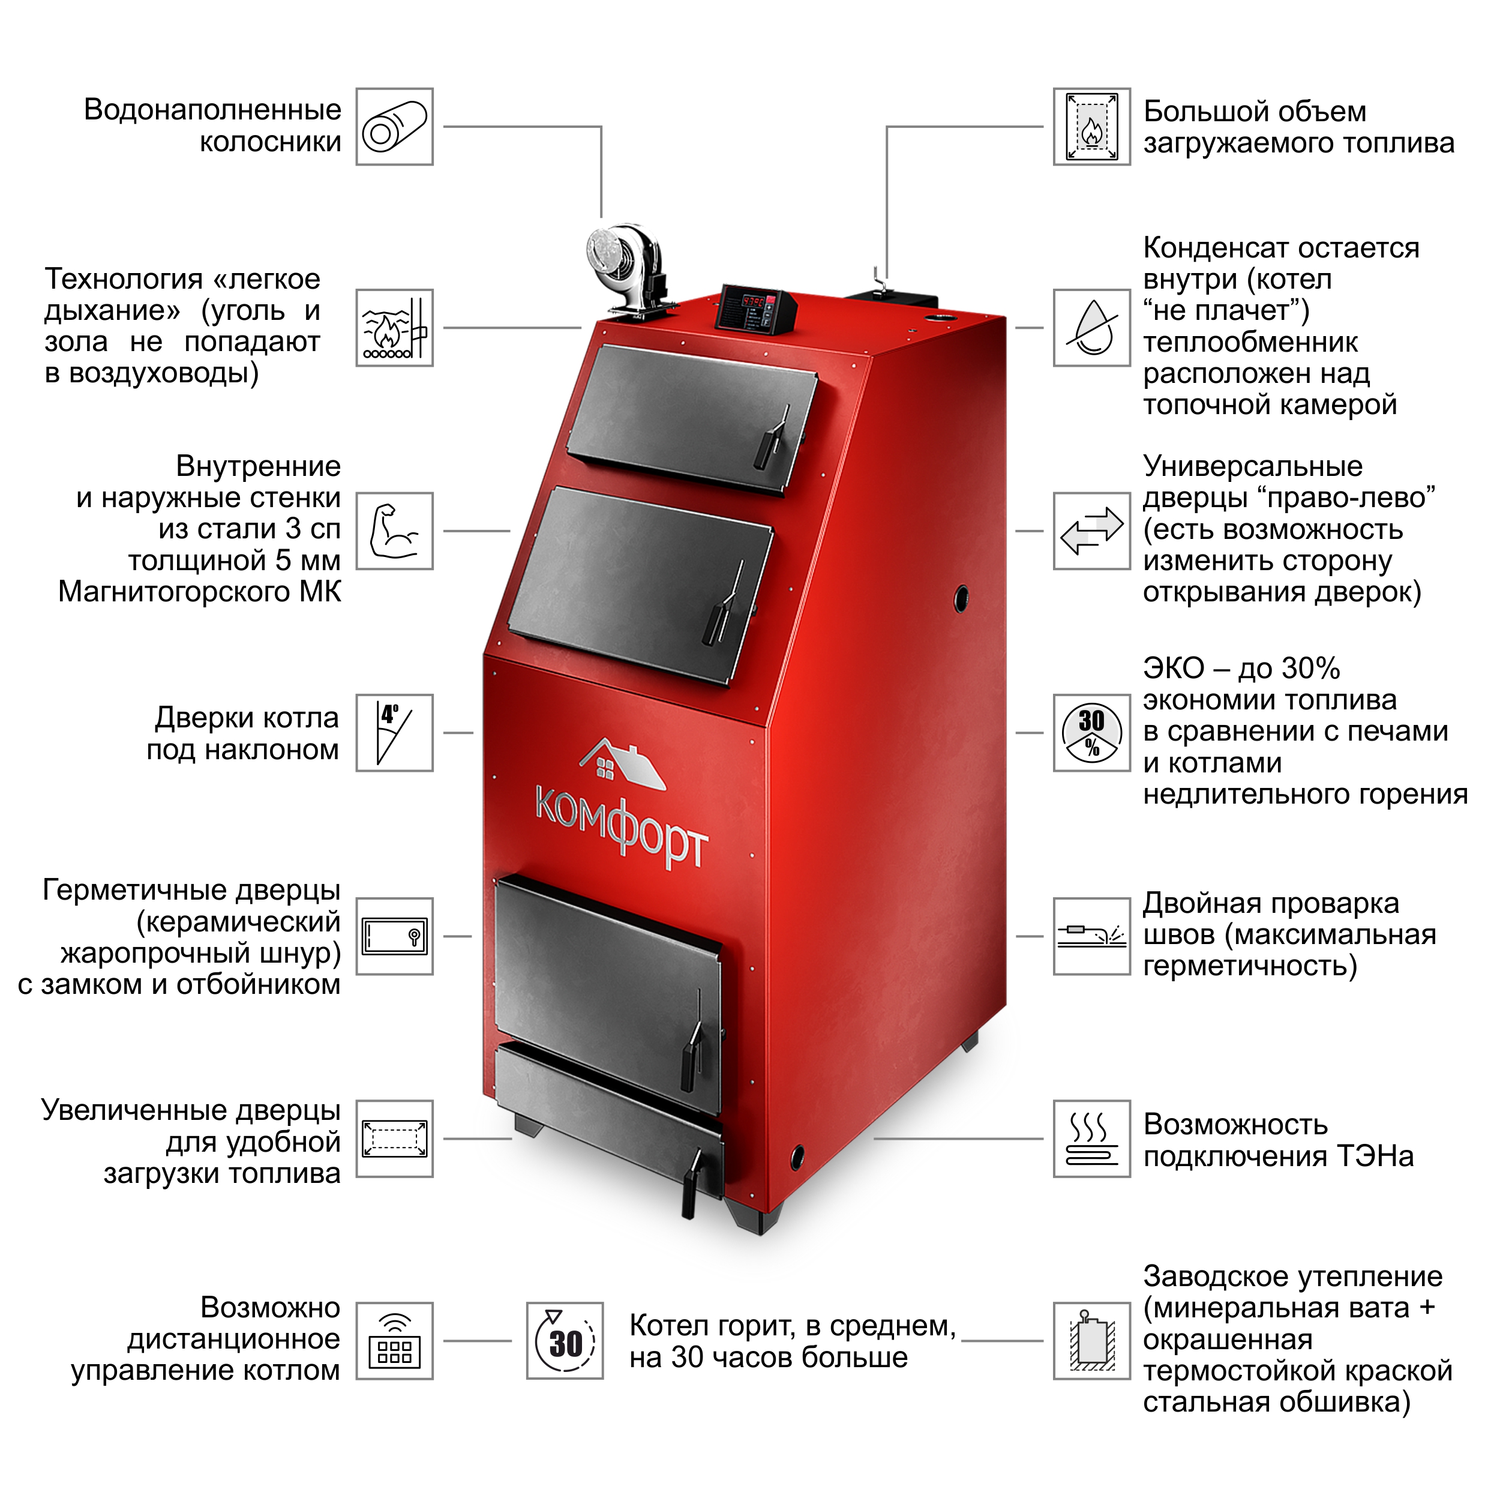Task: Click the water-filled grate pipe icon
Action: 395,127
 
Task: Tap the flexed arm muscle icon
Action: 395,532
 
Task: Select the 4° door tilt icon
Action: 395,733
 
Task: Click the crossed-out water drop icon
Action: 1092,328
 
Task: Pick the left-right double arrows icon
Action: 1092,532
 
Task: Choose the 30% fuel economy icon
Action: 1092,733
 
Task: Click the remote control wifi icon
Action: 395,1341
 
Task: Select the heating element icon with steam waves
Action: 1092,1139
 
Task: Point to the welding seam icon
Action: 1092,936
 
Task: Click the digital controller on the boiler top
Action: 756,308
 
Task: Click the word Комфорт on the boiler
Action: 622,828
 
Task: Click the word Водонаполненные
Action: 212,110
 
